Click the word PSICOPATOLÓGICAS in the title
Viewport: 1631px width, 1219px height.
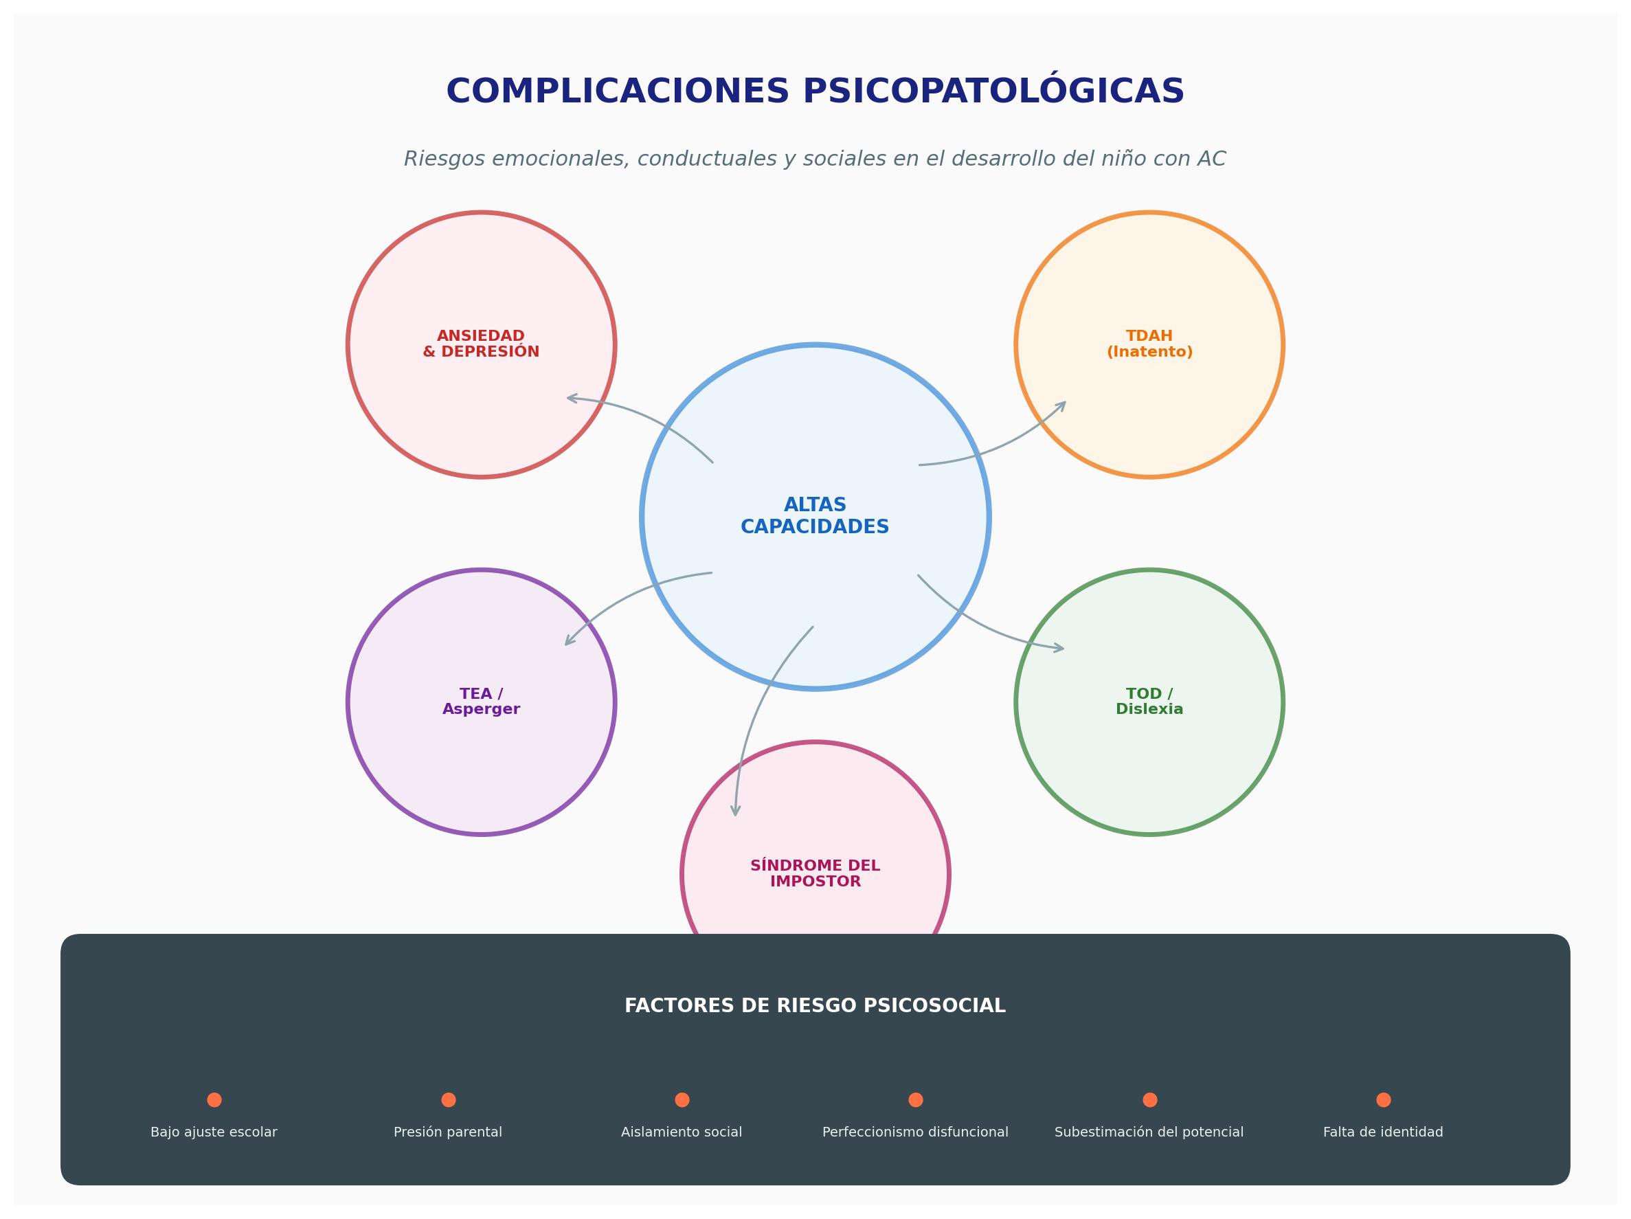993,91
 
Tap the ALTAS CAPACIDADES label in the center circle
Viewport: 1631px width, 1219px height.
815,516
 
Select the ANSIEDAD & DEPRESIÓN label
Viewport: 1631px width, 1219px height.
481,344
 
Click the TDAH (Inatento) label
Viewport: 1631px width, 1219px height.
1149,344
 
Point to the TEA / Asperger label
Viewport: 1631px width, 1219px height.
481,702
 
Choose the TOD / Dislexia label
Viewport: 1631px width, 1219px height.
1149,702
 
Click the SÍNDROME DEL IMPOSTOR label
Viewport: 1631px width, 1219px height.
815,874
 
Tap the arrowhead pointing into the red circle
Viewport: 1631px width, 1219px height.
572,399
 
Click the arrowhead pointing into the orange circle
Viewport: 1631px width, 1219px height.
1061,405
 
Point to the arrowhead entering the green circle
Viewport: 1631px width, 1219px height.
1059,648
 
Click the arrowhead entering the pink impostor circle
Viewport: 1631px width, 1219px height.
735,810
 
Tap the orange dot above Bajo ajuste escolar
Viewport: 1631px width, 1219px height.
214,1099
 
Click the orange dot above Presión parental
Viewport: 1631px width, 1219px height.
449,1099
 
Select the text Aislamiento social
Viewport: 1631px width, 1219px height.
682,1132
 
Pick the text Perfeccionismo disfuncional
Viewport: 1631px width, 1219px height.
915,1132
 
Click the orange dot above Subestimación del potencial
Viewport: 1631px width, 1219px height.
1149,1099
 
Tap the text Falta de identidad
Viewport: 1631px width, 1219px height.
1383,1132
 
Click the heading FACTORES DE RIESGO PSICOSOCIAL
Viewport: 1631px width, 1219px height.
815,1006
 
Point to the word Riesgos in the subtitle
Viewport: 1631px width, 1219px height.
445,159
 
